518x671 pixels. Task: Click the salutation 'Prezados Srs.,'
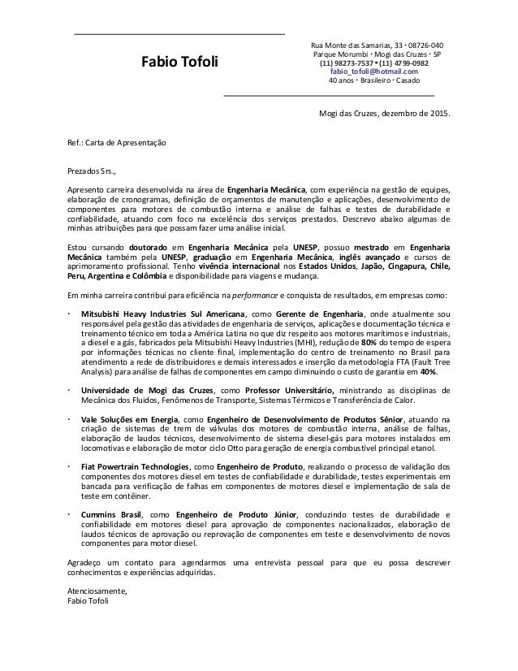[93, 172]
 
